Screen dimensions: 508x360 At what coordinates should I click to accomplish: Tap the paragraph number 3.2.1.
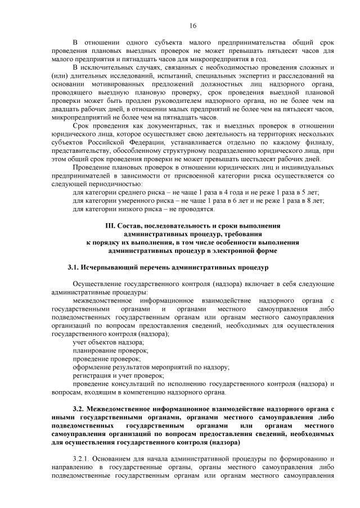(84, 459)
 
